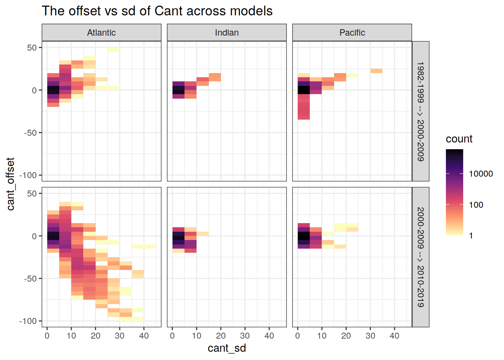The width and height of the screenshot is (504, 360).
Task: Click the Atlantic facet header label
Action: pyautogui.click(x=101, y=33)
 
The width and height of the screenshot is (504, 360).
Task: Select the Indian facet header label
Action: pyautogui.click(x=226, y=33)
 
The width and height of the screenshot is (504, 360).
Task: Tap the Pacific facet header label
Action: pyautogui.click(x=352, y=33)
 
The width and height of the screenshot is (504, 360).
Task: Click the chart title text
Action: pyautogui.click(x=157, y=11)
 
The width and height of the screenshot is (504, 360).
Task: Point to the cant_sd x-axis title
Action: pyautogui.click(x=226, y=348)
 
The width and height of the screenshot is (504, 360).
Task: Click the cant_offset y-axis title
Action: pyautogui.click(x=10, y=184)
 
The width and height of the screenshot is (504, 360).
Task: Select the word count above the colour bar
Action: pyautogui.click(x=459, y=139)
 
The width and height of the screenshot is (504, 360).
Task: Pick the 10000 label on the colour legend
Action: pyautogui.click(x=481, y=174)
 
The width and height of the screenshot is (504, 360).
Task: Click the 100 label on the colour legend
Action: pyautogui.click(x=476, y=205)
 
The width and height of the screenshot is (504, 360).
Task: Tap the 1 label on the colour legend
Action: pyautogui.click(x=471, y=236)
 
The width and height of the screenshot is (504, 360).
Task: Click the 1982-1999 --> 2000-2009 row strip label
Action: pyautogui.click(x=421, y=111)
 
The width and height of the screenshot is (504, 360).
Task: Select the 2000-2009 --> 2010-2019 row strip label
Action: pyautogui.click(x=421, y=257)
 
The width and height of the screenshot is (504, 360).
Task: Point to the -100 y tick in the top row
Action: pyautogui.click(x=28, y=175)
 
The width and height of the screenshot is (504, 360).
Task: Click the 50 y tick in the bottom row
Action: pyautogui.click(x=32, y=193)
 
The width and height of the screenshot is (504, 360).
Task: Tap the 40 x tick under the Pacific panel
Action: pyautogui.click(x=394, y=336)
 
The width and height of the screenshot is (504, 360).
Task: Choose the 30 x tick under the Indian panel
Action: pyautogui.click(x=244, y=336)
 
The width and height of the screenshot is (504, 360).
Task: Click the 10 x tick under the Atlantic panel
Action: pyautogui.click(x=71, y=336)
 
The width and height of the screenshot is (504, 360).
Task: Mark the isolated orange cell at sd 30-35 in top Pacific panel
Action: pyautogui.click(x=376, y=71)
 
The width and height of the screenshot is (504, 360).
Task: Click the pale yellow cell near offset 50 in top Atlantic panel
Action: pyautogui.click(x=114, y=49)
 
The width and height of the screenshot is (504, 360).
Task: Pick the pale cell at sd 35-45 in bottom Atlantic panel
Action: pyautogui.click(x=144, y=247)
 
